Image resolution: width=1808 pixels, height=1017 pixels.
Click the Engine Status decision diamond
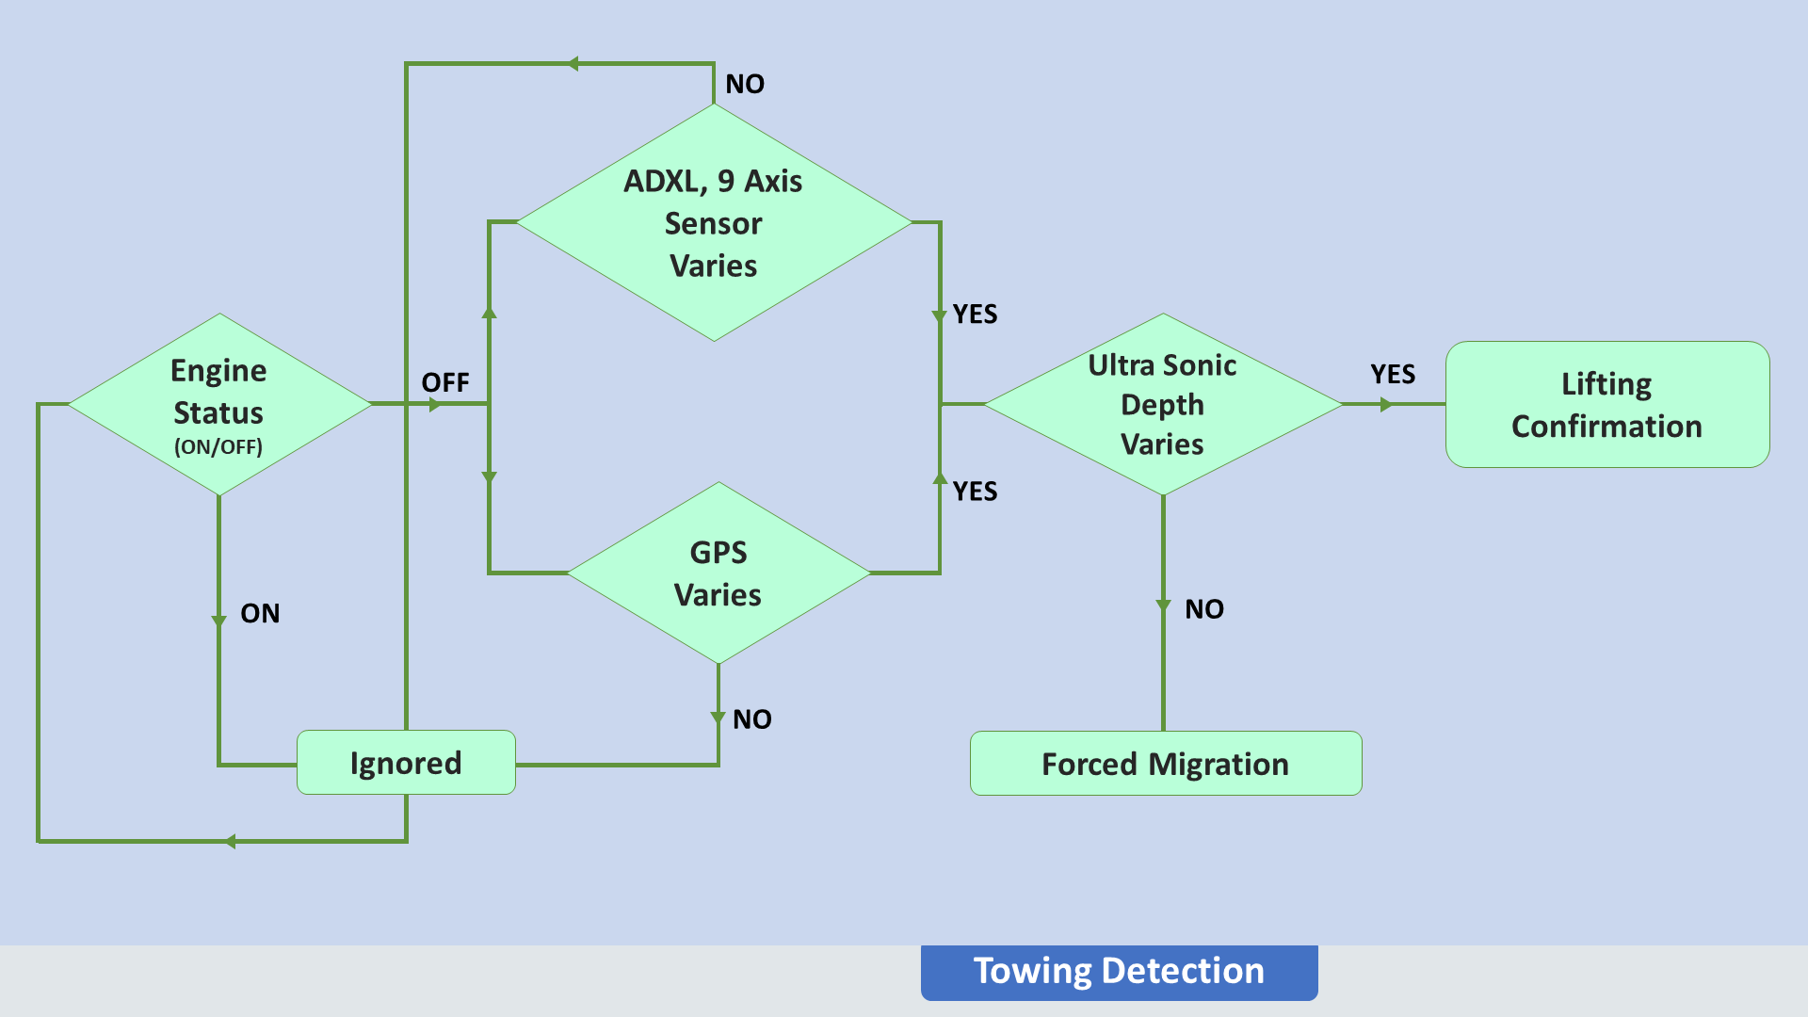click(x=219, y=404)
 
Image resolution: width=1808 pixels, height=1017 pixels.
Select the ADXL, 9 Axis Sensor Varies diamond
click(x=714, y=222)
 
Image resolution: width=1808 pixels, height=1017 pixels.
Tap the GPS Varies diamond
click(x=718, y=573)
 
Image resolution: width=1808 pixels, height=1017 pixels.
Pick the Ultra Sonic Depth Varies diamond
click(x=1163, y=404)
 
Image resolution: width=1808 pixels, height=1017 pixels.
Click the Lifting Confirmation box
click(x=1607, y=404)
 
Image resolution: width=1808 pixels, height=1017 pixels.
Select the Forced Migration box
click(x=1166, y=764)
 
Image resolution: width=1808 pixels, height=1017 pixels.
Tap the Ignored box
click(x=406, y=763)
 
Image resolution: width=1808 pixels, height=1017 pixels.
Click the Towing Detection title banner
click(x=1120, y=972)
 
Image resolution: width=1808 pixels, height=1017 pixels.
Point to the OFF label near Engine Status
click(x=445, y=382)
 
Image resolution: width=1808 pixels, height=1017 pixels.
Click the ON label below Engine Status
click(x=260, y=613)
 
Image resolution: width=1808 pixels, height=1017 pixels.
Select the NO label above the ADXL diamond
click(x=745, y=84)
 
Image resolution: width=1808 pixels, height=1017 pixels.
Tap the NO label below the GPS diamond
click(x=752, y=719)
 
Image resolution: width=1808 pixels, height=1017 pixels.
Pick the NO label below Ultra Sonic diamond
click(x=1204, y=609)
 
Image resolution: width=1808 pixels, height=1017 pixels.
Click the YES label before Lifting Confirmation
click(x=1393, y=374)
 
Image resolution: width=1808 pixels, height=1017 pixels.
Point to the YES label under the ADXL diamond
click(x=975, y=314)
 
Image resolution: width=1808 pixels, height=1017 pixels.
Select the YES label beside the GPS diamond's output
click(x=975, y=491)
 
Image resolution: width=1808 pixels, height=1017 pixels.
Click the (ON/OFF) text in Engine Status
click(x=218, y=446)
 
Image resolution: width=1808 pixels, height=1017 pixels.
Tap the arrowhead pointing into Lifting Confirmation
click(x=1386, y=404)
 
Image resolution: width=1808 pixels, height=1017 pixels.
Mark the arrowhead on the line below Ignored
click(x=230, y=841)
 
